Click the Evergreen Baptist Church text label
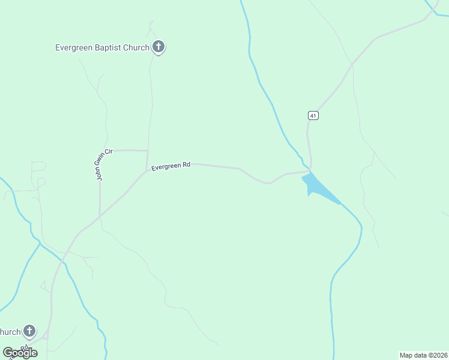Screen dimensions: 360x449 (102, 47)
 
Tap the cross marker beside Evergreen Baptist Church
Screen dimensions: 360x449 (158, 47)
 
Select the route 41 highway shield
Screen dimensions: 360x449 (313, 115)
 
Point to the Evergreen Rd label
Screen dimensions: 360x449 (170, 166)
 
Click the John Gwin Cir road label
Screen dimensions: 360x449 (100, 165)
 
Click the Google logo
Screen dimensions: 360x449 (20, 353)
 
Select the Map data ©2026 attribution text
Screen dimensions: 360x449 (423, 355)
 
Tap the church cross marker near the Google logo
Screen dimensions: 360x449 (29, 331)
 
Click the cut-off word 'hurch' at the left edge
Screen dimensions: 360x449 (10, 332)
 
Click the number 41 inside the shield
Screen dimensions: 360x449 (313, 115)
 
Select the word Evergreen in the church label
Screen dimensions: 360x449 (73, 47)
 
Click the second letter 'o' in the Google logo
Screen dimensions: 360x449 (23, 353)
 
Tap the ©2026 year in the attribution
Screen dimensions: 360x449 (436, 355)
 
